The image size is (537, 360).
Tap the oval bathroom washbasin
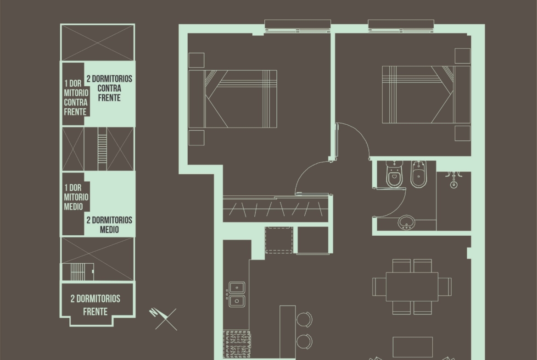[x=407, y=223]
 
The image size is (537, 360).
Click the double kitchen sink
[x=237, y=294]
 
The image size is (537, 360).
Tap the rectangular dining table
[x=412, y=287]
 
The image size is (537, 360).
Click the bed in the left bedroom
[x=233, y=99]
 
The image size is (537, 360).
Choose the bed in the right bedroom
[x=426, y=94]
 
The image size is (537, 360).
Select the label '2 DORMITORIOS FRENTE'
[x=95, y=305]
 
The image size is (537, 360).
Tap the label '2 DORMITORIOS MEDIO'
[x=109, y=225]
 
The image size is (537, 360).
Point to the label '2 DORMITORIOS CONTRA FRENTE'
[x=109, y=89]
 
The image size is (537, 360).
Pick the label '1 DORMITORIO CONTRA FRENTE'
[x=76, y=98]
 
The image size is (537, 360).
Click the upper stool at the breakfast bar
[x=304, y=319]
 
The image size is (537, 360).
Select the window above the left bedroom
[x=297, y=26]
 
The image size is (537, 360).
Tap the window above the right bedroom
[x=401, y=26]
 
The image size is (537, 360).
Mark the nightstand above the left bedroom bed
[x=196, y=60]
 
